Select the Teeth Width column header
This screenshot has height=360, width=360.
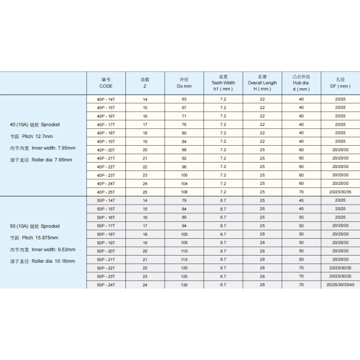223,83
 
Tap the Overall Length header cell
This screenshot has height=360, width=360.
262,83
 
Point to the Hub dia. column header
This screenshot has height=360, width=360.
301,83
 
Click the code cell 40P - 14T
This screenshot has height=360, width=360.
106,99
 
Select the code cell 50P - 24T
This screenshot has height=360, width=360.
106,285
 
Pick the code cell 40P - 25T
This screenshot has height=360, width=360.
106,191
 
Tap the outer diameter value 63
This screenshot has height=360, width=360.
184,99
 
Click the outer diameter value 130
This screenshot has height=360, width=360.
184,285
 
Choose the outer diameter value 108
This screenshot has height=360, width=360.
184,191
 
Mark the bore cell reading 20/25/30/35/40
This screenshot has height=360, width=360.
340,285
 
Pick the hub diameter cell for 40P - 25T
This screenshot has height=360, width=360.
301,191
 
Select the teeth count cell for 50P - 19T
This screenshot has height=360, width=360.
145,242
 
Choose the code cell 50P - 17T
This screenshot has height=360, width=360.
106,226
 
